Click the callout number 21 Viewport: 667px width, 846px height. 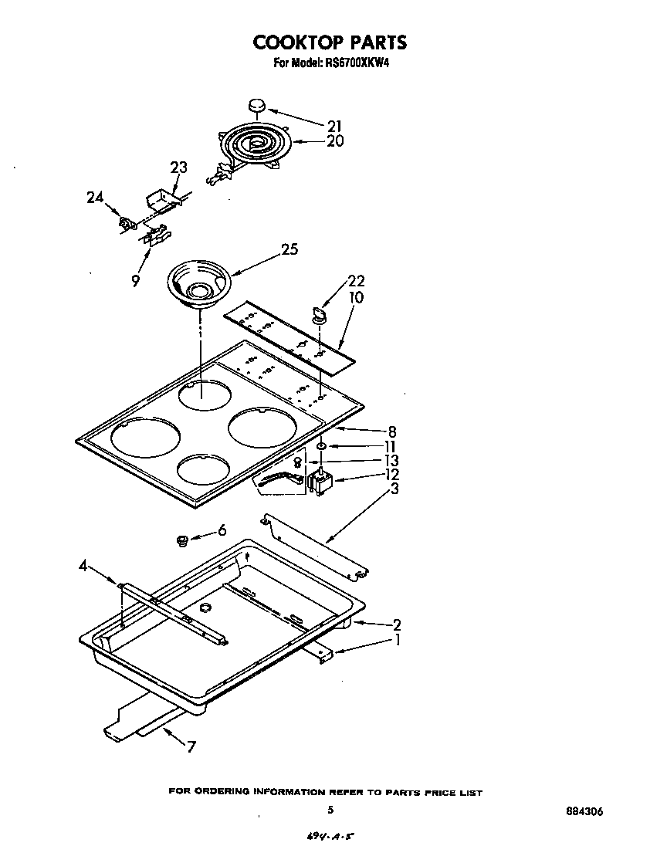pos(334,126)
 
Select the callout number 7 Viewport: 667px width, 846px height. pos(191,746)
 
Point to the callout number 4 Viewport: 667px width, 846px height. pos(83,567)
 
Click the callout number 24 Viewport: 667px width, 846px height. pos(95,198)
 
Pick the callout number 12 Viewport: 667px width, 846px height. pos(391,474)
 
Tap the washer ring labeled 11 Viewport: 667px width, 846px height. pos(320,445)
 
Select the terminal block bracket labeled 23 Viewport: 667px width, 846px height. pos(164,199)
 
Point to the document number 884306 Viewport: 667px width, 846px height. pos(584,812)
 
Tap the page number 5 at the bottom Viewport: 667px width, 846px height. pos(330,810)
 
